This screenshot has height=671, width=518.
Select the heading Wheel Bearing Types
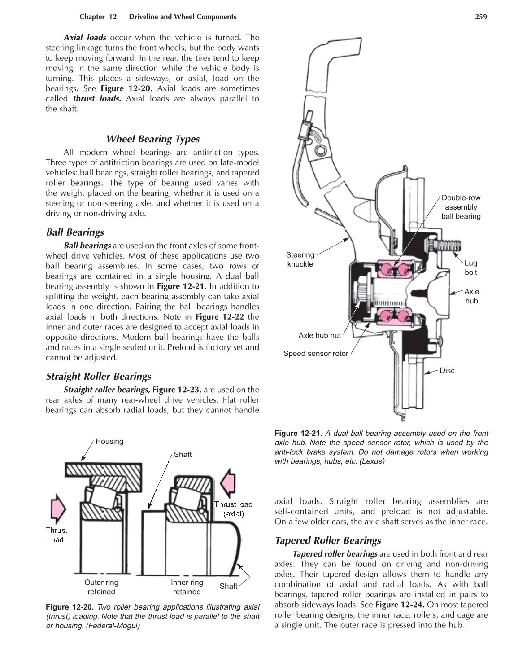pyautogui.click(x=152, y=139)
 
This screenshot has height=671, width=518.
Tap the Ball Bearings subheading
pyautogui.click(x=75, y=232)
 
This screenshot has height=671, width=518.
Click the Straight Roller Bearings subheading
pyautogui.click(x=98, y=376)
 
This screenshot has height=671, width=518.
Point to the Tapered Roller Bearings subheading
pyautogui.click(x=327, y=540)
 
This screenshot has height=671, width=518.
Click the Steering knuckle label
pyautogui.click(x=300, y=259)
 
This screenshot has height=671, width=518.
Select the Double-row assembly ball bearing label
pyautogui.click(x=461, y=207)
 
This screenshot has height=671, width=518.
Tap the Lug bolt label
pyautogui.click(x=470, y=268)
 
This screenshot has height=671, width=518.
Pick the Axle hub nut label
pyautogui.click(x=319, y=335)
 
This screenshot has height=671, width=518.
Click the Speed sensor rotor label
pyautogui.click(x=316, y=354)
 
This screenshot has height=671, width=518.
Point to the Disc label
pyautogui.click(x=447, y=370)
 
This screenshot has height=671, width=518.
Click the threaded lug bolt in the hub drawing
pyautogui.click(x=449, y=246)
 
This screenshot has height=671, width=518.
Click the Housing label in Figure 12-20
pyautogui.click(x=109, y=441)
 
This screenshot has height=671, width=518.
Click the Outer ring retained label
pyautogui.click(x=101, y=587)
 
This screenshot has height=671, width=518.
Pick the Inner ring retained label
pyautogui.click(x=187, y=587)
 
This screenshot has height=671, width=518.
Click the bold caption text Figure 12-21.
pyautogui.click(x=298, y=434)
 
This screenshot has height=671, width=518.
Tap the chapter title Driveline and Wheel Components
pyautogui.click(x=182, y=17)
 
